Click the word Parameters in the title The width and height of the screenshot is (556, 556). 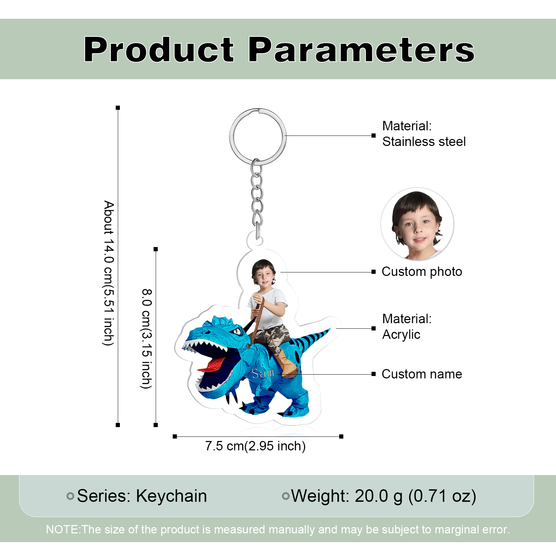point(361,50)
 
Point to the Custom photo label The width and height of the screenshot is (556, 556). point(422,272)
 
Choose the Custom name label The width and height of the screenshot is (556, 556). point(422,374)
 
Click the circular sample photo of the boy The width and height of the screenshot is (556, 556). point(417,224)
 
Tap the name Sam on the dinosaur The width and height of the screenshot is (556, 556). point(263,374)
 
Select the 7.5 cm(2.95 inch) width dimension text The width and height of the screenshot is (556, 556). point(255,446)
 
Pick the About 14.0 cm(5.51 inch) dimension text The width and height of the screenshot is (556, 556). point(109,273)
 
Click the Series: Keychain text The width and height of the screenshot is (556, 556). point(141,496)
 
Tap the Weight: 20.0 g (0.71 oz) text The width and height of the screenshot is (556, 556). point(383,496)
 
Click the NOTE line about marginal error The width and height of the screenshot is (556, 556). point(278,530)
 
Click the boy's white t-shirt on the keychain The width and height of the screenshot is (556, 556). point(271,309)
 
